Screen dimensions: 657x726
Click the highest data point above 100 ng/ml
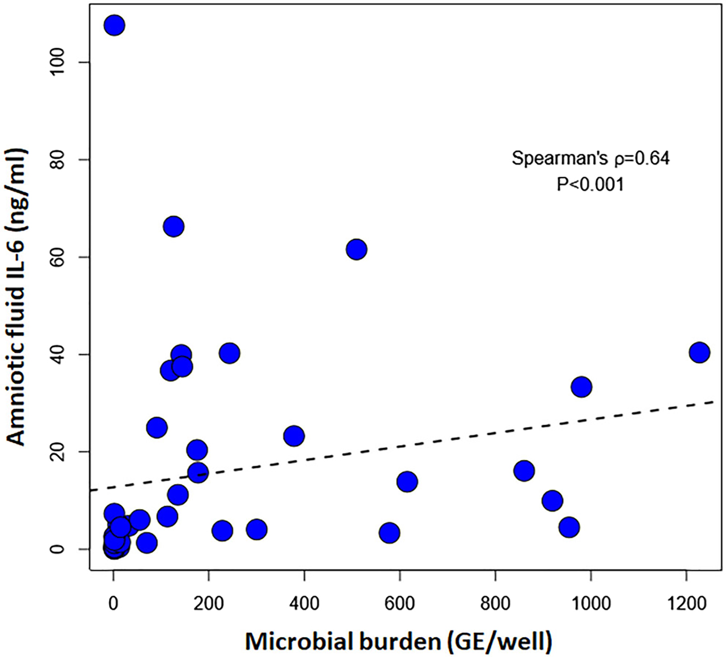click(x=114, y=26)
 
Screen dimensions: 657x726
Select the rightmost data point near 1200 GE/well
click(x=699, y=352)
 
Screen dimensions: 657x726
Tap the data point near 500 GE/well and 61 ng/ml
click(x=356, y=249)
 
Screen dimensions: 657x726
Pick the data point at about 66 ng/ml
click(x=174, y=227)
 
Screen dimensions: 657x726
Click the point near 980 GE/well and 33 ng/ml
click(x=581, y=387)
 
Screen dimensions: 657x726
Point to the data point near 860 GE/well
click(x=524, y=471)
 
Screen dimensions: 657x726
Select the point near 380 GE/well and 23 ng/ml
click(x=294, y=436)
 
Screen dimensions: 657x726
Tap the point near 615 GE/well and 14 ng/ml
click(x=407, y=482)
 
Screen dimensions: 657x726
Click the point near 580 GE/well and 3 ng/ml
click(x=390, y=533)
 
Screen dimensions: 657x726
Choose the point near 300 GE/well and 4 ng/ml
click(x=257, y=529)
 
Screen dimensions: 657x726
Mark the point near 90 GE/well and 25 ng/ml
click(x=157, y=427)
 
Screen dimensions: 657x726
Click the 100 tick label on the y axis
click(x=67, y=62)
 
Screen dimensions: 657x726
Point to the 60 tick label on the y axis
click(x=67, y=257)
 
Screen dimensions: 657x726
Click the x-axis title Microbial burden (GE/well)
click(x=398, y=641)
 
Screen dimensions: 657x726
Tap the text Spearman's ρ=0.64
click(x=590, y=158)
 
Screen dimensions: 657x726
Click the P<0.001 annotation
click(x=590, y=184)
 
